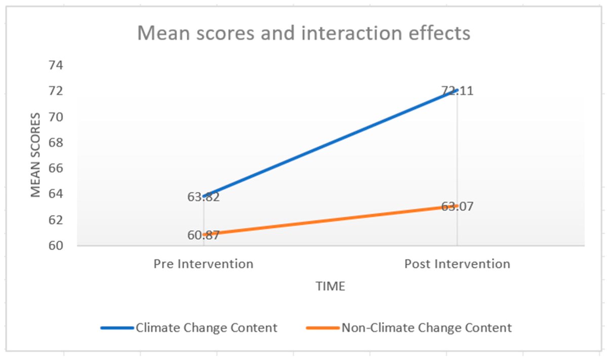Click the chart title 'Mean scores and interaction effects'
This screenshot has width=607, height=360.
coord(304,33)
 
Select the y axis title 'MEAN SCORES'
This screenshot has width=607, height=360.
coord(35,155)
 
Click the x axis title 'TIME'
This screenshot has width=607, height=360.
coord(330,287)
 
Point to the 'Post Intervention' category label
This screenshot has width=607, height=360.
coord(457,264)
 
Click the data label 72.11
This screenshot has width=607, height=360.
coord(457,92)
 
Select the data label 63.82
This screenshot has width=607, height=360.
coord(204,197)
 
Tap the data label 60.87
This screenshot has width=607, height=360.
coord(204,235)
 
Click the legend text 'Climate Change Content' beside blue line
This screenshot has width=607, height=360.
coord(206,328)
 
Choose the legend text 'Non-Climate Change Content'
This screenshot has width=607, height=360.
coord(426,328)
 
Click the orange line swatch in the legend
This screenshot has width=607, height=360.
coord(322,328)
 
